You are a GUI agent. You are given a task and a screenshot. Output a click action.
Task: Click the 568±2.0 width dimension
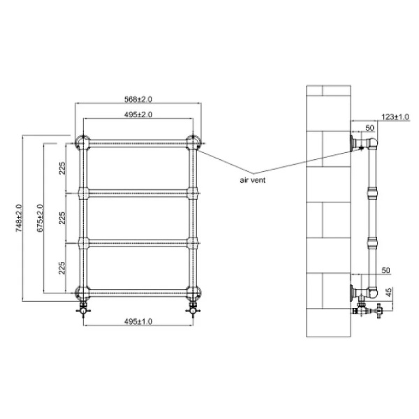(x=138, y=99)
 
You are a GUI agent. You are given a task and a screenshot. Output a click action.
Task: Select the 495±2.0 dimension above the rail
(x=138, y=115)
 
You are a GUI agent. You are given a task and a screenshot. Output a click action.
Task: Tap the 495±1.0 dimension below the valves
(x=138, y=321)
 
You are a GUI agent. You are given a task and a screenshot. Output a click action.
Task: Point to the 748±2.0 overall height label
(x=19, y=218)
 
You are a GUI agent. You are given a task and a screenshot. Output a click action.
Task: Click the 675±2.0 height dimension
(x=40, y=218)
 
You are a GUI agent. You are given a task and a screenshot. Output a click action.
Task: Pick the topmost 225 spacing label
(x=62, y=168)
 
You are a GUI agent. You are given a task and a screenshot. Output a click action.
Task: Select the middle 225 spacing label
(x=62, y=218)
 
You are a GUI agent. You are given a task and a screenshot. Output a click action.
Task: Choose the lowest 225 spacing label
(x=62, y=267)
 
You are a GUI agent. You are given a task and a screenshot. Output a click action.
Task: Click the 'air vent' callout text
(x=253, y=180)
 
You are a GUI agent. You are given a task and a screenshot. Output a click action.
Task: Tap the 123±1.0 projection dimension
(x=395, y=117)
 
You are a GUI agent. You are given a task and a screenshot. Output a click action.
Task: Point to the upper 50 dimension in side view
(x=369, y=128)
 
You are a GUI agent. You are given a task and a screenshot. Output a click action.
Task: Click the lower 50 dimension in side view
(x=385, y=270)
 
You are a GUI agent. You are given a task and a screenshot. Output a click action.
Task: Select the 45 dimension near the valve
(x=389, y=292)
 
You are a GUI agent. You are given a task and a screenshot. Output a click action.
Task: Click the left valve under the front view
(x=83, y=309)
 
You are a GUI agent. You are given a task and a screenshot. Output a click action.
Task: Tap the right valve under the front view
(x=193, y=309)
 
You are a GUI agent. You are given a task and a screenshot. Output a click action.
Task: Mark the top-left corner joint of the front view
(x=83, y=142)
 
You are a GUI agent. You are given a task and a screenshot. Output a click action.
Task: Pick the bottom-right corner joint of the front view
(x=193, y=293)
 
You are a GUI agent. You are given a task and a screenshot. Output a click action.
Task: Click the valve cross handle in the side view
(x=379, y=311)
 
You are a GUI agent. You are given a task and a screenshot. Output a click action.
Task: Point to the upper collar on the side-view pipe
(x=372, y=193)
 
